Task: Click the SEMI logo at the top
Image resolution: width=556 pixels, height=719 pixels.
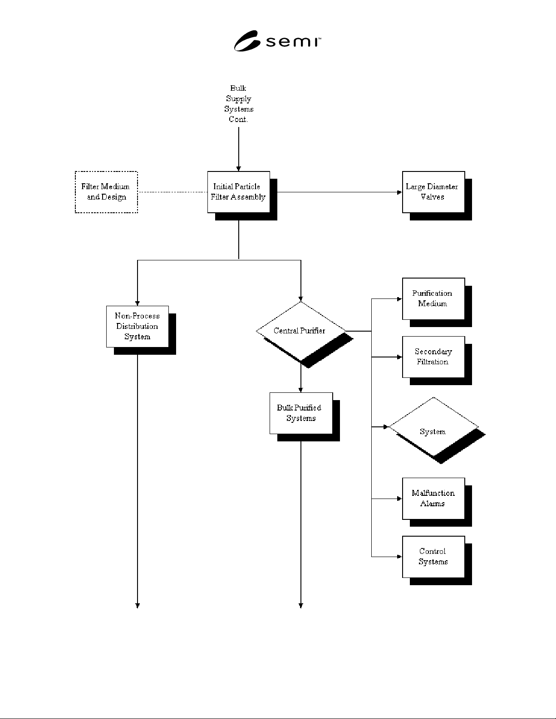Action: (277, 41)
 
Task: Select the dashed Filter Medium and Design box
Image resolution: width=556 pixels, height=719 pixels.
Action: (106, 192)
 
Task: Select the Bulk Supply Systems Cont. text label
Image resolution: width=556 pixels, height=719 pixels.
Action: (239, 103)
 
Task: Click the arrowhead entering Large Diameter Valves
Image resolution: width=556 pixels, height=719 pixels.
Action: (399, 192)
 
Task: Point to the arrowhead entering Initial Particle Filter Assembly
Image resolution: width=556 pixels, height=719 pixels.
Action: (239, 169)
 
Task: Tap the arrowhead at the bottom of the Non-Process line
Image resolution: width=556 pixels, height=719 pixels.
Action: (138, 606)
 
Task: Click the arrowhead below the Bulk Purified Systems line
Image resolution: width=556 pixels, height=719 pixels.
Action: (301, 606)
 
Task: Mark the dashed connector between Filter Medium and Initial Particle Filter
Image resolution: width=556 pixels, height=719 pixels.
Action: (172, 192)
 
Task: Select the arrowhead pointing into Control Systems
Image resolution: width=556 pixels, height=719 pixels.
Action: (399, 557)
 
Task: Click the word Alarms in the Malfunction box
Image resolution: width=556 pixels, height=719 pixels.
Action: (433, 504)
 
